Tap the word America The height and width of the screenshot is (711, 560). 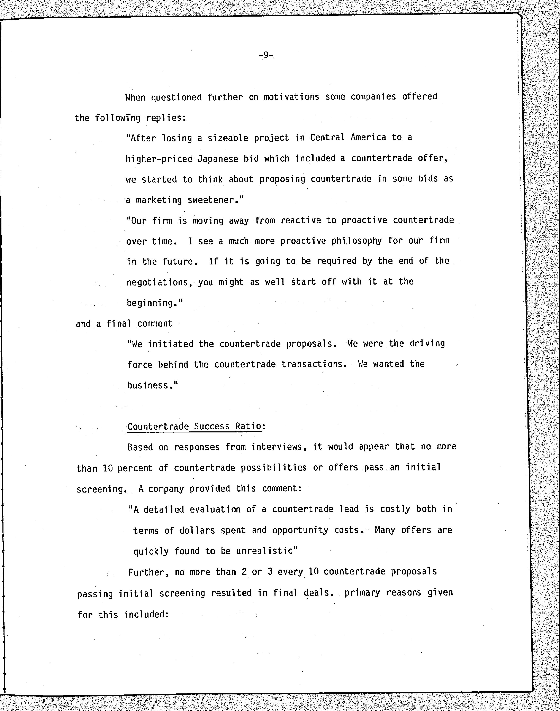[368, 138]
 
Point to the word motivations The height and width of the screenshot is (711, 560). [291, 97]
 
